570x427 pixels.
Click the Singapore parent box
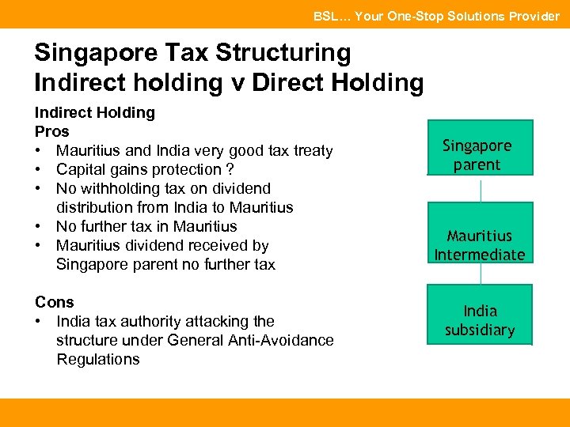pos(477,147)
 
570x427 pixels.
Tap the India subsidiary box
pos(480,314)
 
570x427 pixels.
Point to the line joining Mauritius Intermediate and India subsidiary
pos(481,274)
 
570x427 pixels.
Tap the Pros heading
pos(52,131)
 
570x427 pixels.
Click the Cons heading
pos(55,302)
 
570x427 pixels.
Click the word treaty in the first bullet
pos(310,150)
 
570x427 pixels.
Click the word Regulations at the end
pos(98,359)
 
